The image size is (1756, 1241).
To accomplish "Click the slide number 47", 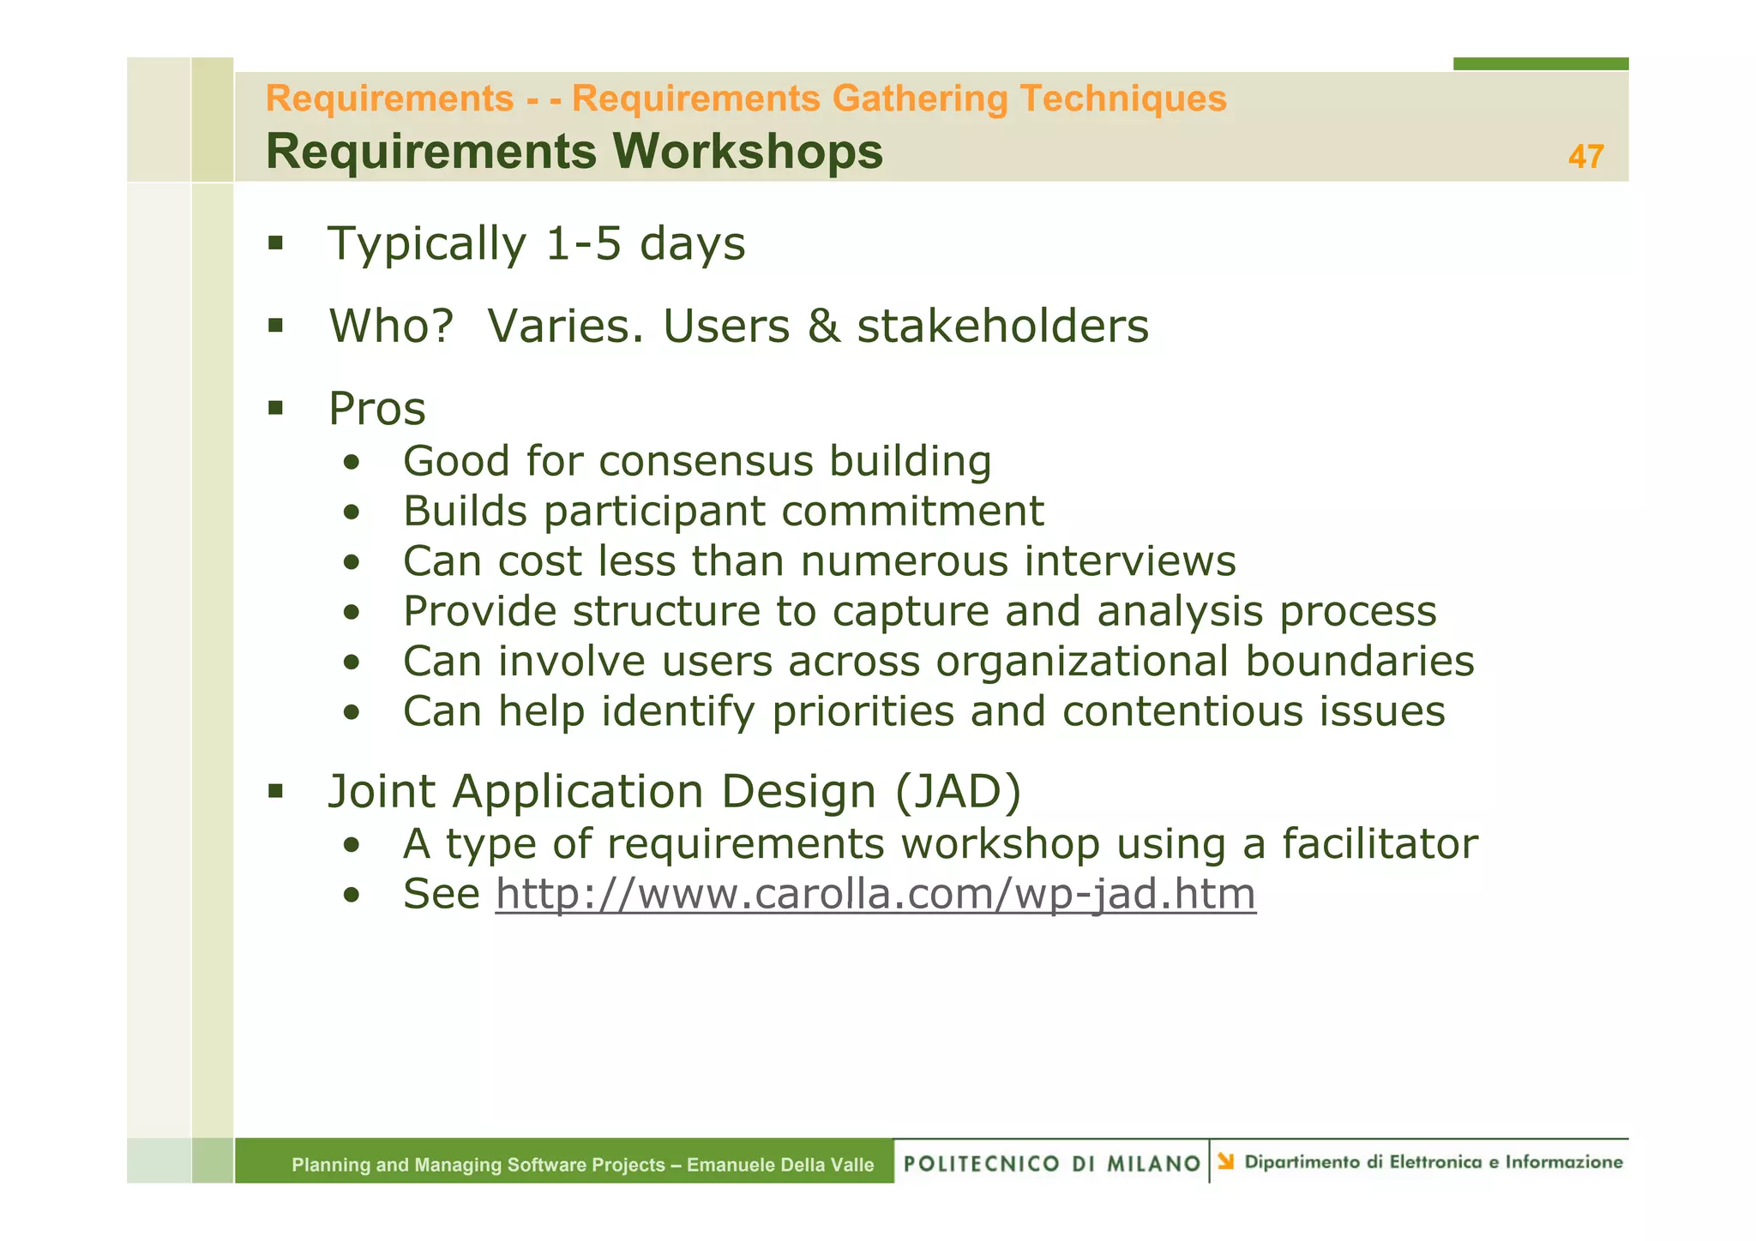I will [x=1585, y=157].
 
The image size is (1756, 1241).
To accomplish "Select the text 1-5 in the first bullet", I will [x=583, y=243].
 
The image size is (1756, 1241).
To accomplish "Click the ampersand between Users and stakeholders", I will [x=823, y=327].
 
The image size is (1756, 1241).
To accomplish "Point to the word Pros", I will [x=377, y=409].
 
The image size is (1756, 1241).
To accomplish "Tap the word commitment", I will [x=912, y=512].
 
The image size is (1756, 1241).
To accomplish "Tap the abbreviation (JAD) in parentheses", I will [x=958, y=791].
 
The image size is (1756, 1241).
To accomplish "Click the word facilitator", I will [x=1380, y=843].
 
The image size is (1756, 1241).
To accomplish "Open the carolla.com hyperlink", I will [x=875, y=894].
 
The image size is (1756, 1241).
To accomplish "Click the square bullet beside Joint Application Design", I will [x=275, y=790].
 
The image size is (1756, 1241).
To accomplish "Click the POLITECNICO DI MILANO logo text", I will [x=1052, y=1163].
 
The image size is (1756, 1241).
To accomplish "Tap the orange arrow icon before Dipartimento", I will [x=1225, y=1161].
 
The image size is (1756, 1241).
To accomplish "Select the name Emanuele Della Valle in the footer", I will [x=780, y=1165].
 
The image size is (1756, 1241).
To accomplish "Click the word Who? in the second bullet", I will [x=391, y=327].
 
